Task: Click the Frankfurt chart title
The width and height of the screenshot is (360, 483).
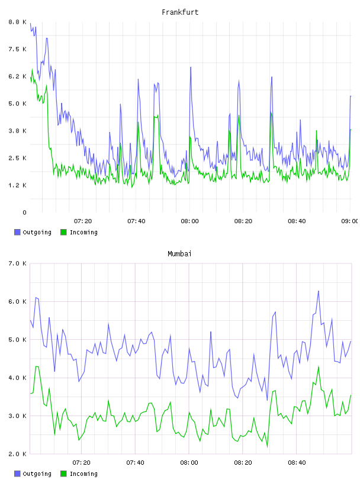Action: click(180, 12)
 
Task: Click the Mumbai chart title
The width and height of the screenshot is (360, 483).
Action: click(179, 254)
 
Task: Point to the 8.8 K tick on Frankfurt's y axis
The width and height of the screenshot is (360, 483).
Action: click(18, 22)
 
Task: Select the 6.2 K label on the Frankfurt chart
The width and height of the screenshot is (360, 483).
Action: click(18, 76)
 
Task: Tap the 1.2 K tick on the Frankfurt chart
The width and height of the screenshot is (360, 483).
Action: click(18, 185)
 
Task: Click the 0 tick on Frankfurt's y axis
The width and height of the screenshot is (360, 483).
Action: click(24, 212)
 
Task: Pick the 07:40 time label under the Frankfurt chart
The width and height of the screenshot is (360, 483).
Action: click(136, 221)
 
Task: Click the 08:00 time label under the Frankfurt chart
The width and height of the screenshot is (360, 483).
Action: click(190, 221)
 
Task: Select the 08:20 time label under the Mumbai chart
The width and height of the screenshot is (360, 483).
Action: click(243, 463)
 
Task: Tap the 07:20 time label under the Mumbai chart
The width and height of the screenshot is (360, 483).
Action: click(81, 463)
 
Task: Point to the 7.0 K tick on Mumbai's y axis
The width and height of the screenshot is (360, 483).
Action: click(18, 263)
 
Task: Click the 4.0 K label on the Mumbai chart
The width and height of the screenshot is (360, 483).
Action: click(18, 378)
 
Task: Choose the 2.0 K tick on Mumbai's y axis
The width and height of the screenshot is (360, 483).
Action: click(18, 454)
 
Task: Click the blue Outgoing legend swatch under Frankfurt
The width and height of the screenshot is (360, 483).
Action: click(17, 232)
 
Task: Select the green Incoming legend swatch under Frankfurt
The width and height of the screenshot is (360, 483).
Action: click(63, 232)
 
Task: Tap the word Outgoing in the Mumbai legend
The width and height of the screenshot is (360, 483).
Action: click(37, 474)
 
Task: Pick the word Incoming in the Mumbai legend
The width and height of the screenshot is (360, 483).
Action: click(83, 474)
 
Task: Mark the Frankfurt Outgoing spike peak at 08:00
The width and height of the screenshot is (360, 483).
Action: click(191, 67)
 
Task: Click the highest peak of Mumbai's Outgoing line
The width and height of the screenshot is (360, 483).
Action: click(319, 291)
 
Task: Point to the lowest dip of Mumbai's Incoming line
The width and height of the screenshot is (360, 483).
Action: click(267, 447)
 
